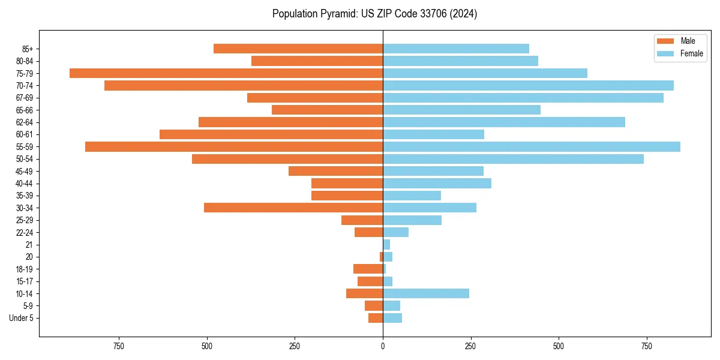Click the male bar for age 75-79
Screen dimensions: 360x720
pos(226,73)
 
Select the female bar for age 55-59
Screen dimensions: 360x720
pos(532,146)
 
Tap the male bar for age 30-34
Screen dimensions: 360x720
pos(293,208)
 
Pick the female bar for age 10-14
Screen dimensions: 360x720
pos(426,293)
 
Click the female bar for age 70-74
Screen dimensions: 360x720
pos(528,85)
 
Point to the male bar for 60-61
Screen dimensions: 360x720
pos(271,134)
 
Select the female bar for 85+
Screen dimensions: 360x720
pos(456,49)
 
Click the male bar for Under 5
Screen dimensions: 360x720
pos(376,318)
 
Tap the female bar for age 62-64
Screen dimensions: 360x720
pos(504,122)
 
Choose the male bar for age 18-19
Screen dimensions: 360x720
pos(368,269)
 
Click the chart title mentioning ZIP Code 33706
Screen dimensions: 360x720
pos(374,14)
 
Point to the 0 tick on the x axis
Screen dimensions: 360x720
pos(383,347)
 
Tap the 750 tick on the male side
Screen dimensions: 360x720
pos(118,347)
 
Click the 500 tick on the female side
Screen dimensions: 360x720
pos(559,347)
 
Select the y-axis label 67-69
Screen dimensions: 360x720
pos(25,98)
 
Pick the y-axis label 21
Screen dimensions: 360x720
pos(29,245)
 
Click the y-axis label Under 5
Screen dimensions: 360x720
pos(21,318)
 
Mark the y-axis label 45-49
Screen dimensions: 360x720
pos(25,171)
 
